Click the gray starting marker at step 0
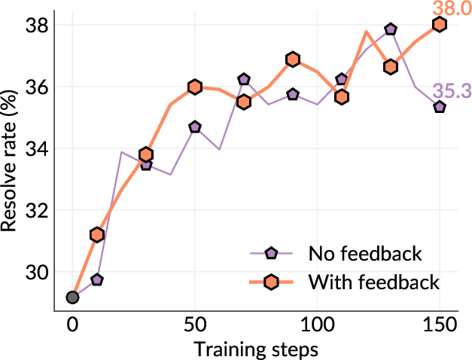pyautogui.click(x=72, y=297)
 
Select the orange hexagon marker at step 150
pyautogui.click(x=440, y=24)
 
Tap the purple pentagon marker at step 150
pyautogui.click(x=440, y=107)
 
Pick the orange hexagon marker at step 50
pyautogui.click(x=195, y=87)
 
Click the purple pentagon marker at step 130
pyautogui.click(x=390, y=29)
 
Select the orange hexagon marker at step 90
pyautogui.click(x=293, y=59)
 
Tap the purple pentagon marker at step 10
pyautogui.click(x=97, y=279)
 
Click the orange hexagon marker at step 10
pyautogui.click(x=97, y=235)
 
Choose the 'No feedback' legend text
pyautogui.click(x=364, y=252)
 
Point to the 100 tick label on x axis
pyautogui.click(x=317, y=325)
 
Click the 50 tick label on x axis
pyautogui.click(x=195, y=325)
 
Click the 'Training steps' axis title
pyautogui.click(x=256, y=349)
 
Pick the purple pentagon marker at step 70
pyautogui.click(x=244, y=79)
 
